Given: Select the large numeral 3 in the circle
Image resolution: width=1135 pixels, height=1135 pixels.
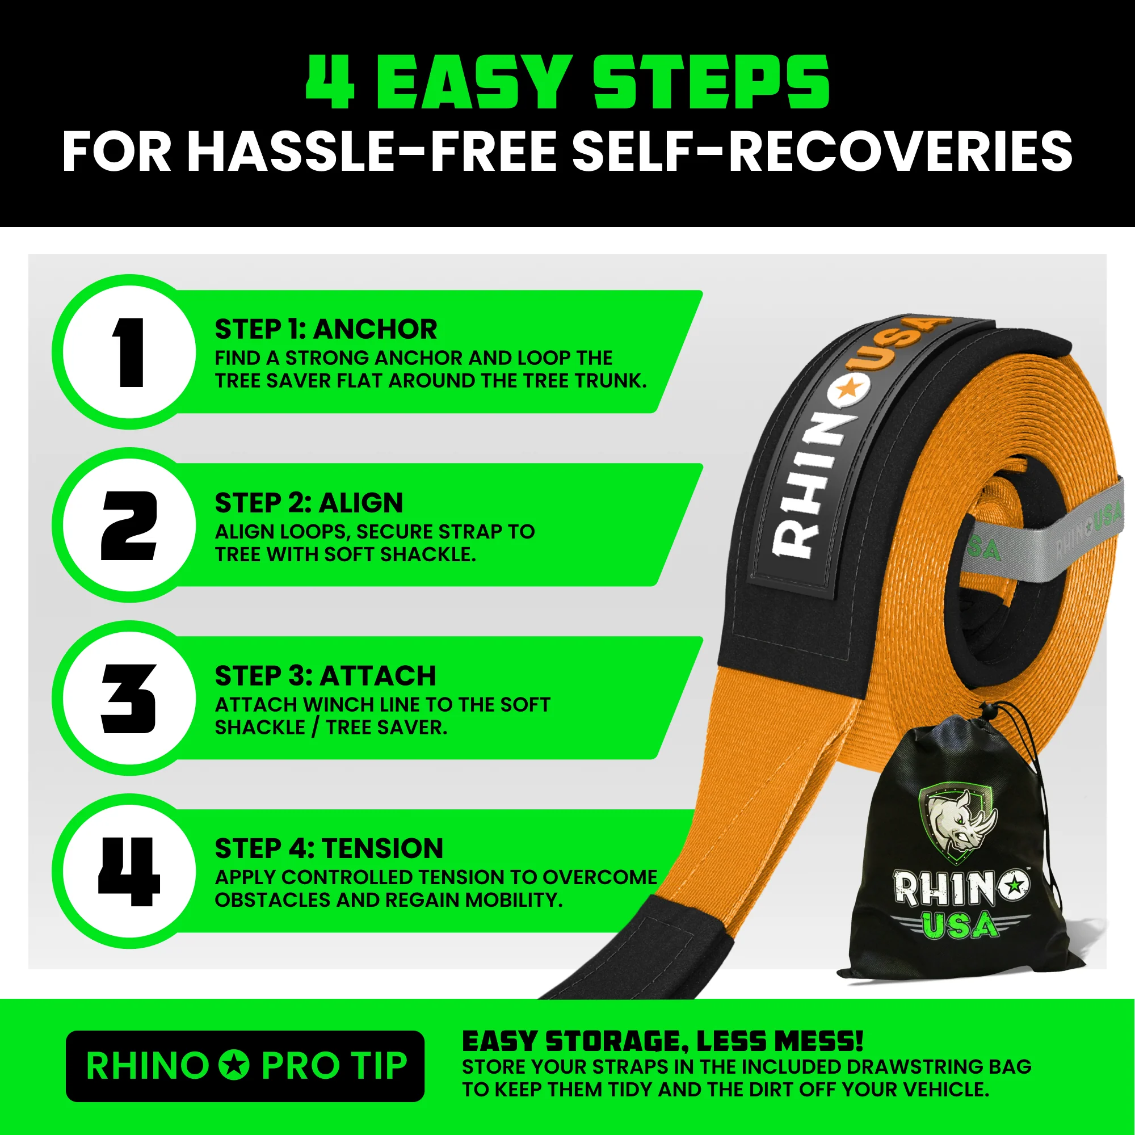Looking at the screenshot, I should [129, 699].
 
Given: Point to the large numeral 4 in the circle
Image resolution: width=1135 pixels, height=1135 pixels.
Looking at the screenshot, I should [129, 872].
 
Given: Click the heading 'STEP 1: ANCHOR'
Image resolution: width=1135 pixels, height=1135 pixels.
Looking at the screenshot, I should [326, 330].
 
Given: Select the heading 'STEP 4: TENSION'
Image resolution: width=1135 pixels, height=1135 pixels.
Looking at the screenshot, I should [329, 849].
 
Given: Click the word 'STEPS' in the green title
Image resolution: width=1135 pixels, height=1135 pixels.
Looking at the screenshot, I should [711, 82].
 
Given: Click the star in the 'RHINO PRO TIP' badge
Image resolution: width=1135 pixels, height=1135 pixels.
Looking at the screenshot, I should [235, 1065].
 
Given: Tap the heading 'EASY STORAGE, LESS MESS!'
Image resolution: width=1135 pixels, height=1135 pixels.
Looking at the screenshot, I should [663, 1041].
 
